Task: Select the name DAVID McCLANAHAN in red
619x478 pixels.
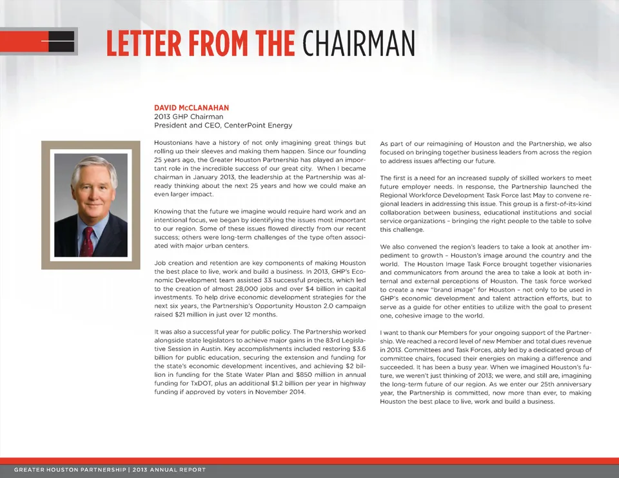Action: [x=192, y=108]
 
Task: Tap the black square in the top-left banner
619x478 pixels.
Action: [x=62, y=41]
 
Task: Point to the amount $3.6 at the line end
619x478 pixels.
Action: [x=358, y=349]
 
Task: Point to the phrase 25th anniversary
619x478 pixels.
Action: [x=551, y=385]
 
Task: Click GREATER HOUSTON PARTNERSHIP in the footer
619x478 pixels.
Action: [x=70, y=470]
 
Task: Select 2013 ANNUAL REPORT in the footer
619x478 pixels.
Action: [x=169, y=470]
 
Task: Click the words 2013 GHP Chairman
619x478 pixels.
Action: [x=188, y=117]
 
